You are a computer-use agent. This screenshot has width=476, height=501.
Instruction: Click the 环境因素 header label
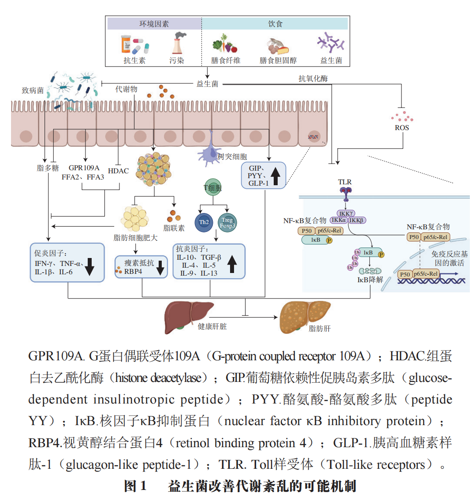(x=154, y=24)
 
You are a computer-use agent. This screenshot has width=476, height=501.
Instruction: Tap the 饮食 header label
(x=275, y=24)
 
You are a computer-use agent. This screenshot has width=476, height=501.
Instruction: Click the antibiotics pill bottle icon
(x=133, y=44)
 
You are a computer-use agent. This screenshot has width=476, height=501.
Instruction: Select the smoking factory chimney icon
(x=178, y=43)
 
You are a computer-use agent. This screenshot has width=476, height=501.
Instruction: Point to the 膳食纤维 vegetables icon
(x=225, y=44)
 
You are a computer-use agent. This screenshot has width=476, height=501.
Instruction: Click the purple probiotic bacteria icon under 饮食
(x=330, y=43)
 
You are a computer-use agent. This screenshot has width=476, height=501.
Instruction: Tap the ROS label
(x=402, y=128)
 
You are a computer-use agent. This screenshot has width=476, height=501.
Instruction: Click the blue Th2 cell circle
(x=204, y=222)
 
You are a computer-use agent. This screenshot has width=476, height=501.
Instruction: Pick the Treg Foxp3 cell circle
(x=227, y=222)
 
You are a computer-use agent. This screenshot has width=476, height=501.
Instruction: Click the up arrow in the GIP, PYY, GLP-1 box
(x=275, y=176)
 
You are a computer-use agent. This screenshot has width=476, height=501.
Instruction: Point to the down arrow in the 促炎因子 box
(x=90, y=265)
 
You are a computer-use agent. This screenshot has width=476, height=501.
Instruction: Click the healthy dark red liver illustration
(x=188, y=316)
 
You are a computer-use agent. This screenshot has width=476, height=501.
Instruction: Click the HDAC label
(x=118, y=171)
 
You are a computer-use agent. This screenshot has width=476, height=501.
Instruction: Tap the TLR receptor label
(x=345, y=182)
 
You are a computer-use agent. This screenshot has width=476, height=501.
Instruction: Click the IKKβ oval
(x=357, y=220)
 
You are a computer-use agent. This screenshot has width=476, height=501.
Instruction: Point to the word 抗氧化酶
(x=313, y=79)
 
